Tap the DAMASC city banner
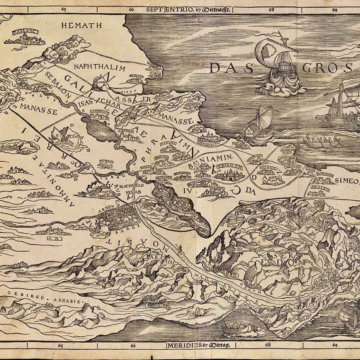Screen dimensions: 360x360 click(23, 31)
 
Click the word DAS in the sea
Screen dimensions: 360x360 click(228, 68)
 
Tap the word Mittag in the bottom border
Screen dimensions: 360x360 click(221, 345)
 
